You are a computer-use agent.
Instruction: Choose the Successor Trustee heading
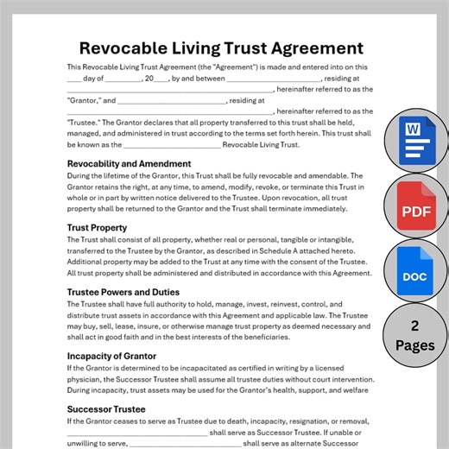click(x=105, y=408)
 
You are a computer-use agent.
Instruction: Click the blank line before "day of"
click(x=74, y=79)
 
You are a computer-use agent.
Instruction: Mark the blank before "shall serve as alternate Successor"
click(x=185, y=446)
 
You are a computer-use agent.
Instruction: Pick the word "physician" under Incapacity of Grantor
click(x=87, y=382)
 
